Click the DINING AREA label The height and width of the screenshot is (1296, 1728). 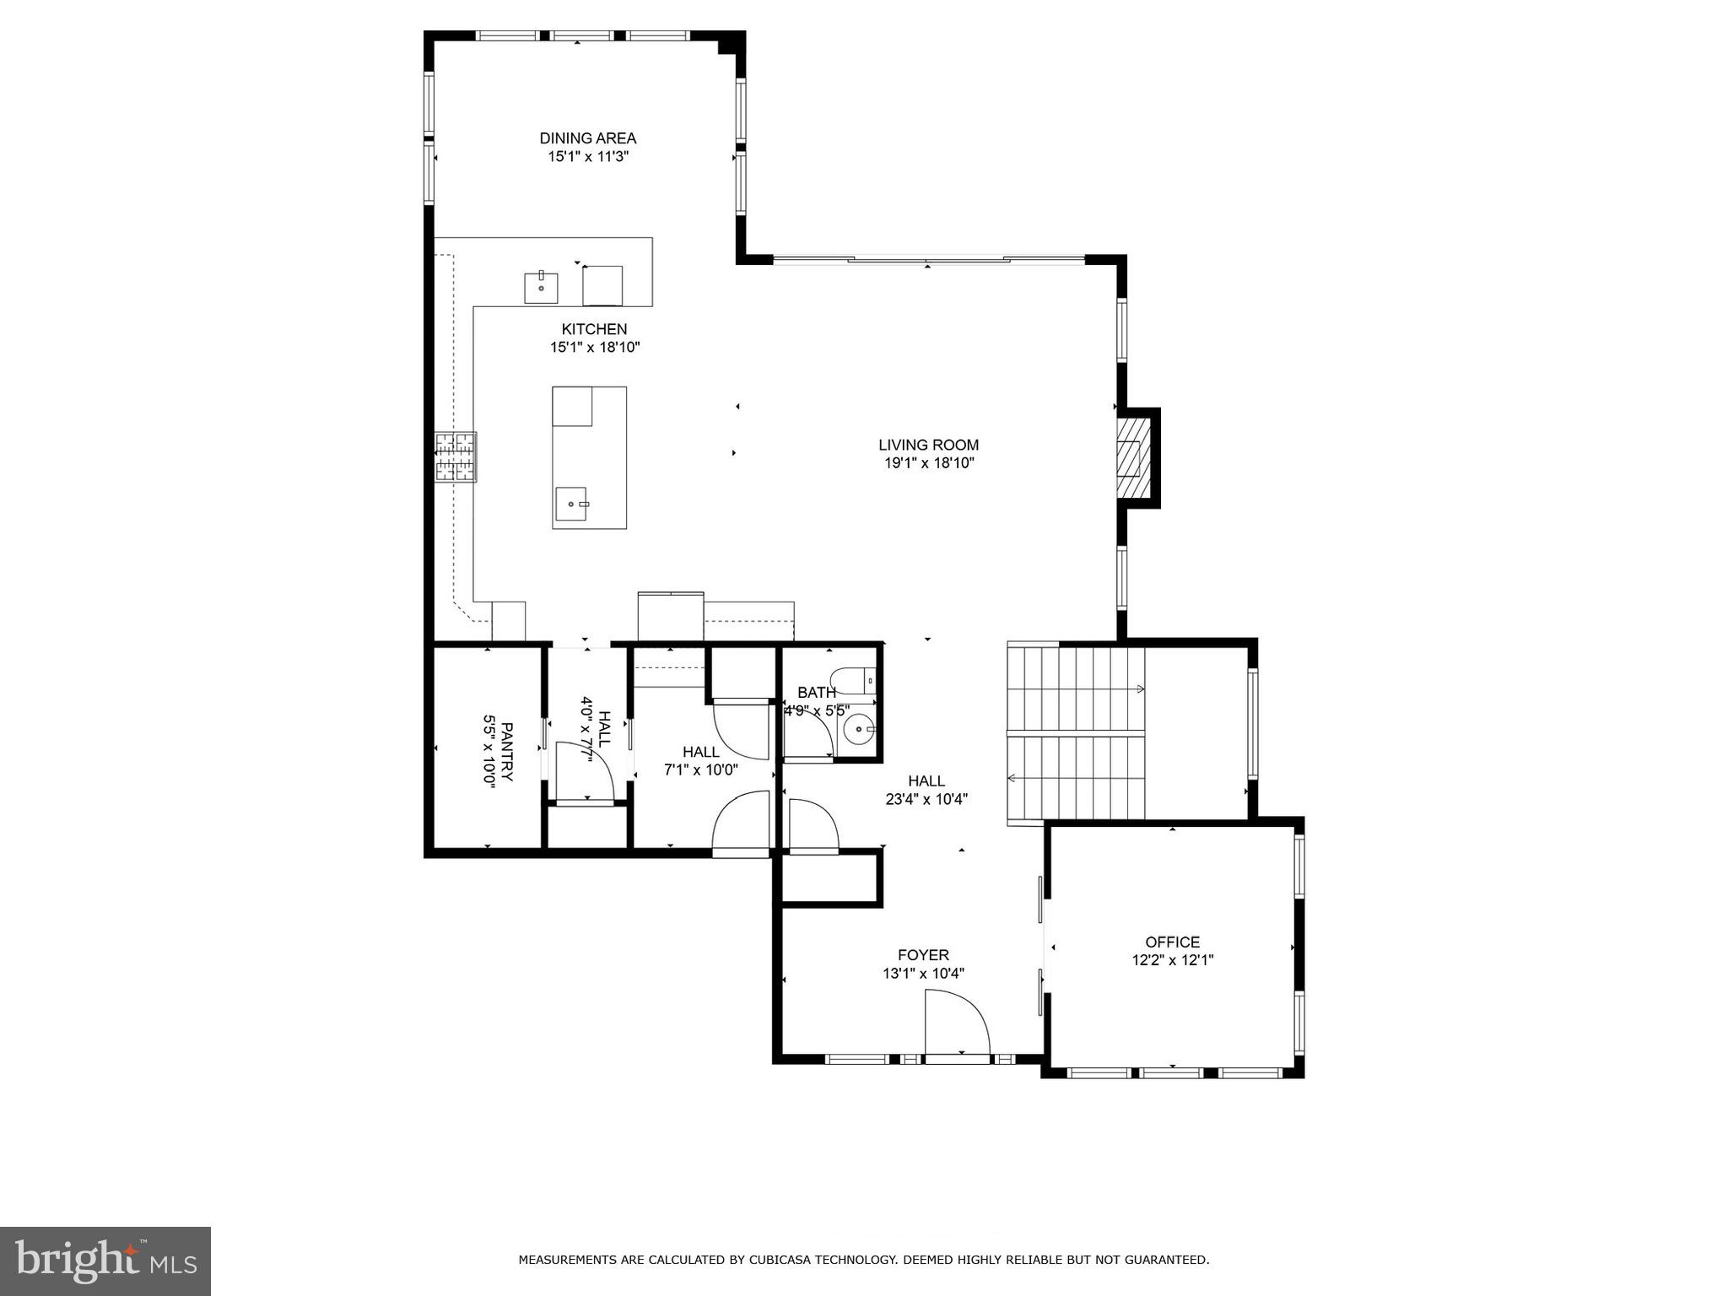[587, 138]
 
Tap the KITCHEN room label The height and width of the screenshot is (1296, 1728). [594, 329]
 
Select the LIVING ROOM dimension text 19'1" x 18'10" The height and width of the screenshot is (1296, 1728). [928, 463]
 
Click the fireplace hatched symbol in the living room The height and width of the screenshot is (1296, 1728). [1129, 459]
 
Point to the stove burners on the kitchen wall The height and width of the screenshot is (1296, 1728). [455, 456]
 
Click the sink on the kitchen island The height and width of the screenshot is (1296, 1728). [573, 505]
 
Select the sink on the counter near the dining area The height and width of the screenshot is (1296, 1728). [541, 287]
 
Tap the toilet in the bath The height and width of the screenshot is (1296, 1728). [853, 679]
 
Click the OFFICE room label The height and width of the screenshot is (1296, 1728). [1172, 942]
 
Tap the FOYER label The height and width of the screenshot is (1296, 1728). [923, 954]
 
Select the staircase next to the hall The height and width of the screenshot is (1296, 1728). [1076, 732]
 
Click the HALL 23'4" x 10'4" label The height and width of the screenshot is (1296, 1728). [926, 781]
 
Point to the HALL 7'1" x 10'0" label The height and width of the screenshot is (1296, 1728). [700, 752]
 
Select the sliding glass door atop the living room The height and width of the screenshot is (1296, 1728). [928, 261]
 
